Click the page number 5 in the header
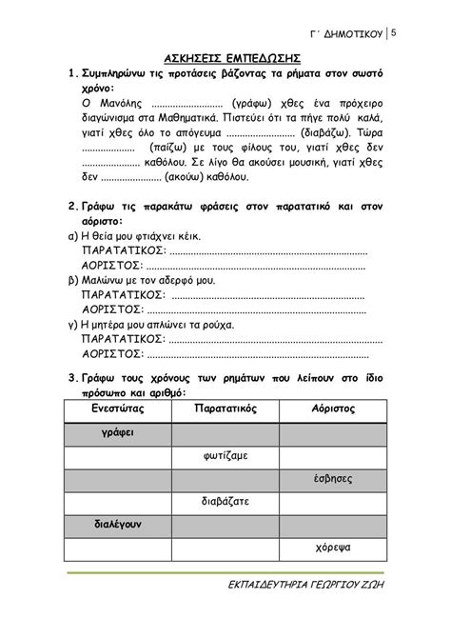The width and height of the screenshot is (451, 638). (x=394, y=35)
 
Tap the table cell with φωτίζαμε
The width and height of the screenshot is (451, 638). (x=225, y=454)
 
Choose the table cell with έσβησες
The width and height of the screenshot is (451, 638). (x=333, y=477)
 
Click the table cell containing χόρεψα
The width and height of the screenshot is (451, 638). (x=333, y=548)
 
